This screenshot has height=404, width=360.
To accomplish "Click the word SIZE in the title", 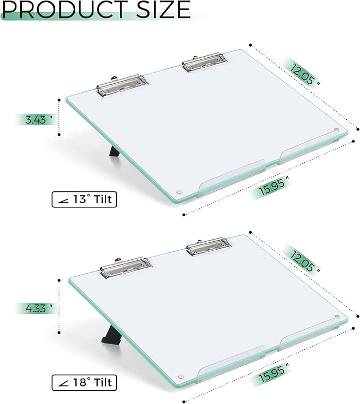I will point(159,10).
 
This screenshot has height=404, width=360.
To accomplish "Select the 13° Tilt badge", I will point(84,199).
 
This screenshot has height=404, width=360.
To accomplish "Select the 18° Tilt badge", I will point(84,382).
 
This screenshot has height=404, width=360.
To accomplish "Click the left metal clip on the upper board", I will point(121,84).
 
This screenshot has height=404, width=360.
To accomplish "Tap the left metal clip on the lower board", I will point(126,267).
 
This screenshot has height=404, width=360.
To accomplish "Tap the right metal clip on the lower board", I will point(208,245).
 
